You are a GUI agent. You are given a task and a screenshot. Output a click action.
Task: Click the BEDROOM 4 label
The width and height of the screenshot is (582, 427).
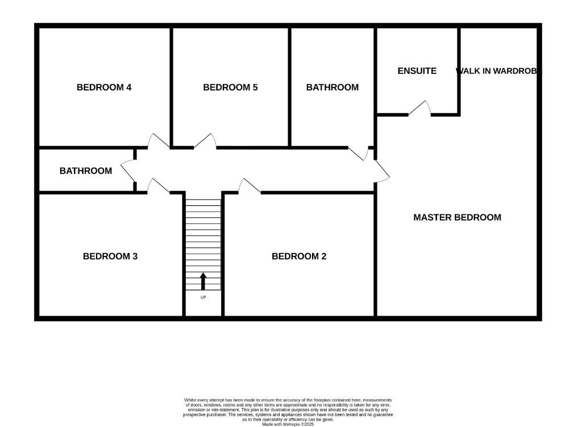104,87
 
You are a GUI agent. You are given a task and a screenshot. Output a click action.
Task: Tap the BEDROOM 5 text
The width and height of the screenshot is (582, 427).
230,87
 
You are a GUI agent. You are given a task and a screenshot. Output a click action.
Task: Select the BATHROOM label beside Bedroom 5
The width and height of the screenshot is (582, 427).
332,87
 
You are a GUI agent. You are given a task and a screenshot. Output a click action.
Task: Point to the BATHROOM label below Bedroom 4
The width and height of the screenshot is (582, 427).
86,171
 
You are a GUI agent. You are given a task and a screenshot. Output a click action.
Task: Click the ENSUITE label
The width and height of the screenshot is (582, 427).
417,71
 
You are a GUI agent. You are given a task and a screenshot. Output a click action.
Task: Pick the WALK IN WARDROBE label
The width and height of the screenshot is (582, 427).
498,71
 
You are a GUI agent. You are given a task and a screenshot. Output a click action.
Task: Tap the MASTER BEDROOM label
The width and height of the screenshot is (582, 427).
457,217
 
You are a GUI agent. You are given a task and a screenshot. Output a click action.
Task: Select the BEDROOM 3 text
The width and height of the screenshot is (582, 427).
110,256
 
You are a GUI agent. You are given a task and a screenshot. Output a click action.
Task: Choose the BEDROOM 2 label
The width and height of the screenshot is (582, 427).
299,256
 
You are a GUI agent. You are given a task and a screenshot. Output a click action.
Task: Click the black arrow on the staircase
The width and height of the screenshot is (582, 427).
203,281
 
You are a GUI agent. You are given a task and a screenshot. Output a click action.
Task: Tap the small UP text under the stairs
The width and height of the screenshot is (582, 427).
203,297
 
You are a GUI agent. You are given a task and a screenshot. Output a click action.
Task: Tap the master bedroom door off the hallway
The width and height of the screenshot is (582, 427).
381,171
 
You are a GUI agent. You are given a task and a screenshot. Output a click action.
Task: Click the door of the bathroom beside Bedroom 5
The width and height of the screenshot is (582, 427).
358,153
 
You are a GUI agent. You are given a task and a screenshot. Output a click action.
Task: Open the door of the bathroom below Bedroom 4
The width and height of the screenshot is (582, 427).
128,171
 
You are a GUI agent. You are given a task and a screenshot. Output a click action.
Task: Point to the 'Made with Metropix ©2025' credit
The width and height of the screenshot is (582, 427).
288,424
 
